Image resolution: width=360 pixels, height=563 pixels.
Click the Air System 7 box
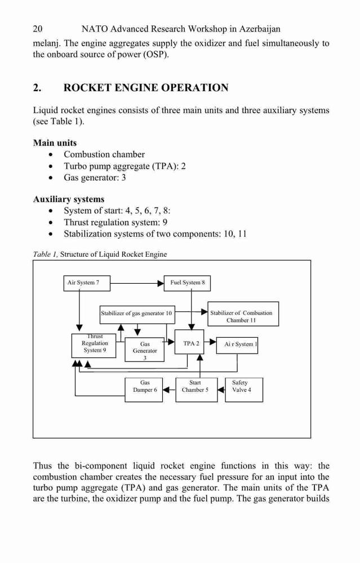click(x=87, y=283)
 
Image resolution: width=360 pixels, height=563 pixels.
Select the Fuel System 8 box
click(x=187, y=283)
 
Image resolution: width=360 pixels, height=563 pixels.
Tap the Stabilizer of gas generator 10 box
click(x=136, y=314)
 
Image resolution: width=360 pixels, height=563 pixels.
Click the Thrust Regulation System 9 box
click(x=94, y=346)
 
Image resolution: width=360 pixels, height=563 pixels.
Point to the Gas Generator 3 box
click(x=144, y=350)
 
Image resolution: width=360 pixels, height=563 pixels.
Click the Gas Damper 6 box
click(x=144, y=390)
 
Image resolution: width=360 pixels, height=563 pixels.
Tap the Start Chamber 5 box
click(x=197, y=390)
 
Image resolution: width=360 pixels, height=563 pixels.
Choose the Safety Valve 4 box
click(x=244, y=390)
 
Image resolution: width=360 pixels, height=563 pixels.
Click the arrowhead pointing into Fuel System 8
click(x=161, y=283)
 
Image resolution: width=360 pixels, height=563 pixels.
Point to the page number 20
click(x=37, y=29)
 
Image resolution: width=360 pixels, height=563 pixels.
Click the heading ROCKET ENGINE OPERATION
click(x=146, y=88)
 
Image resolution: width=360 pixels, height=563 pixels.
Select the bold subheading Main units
click(x=55, y=143)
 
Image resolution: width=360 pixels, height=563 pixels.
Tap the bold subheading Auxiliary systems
click(x=69, y=199)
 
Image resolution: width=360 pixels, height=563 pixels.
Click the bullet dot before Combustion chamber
click(x=52, y=155)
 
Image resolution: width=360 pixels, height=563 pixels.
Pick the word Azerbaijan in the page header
click(x=260, y=29)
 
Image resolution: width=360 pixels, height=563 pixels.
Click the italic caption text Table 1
click(x=45, y=254)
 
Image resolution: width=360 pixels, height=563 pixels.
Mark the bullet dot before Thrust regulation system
click(x=52, y=223)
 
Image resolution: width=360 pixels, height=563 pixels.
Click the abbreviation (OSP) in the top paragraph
click(x=156, y=55)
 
